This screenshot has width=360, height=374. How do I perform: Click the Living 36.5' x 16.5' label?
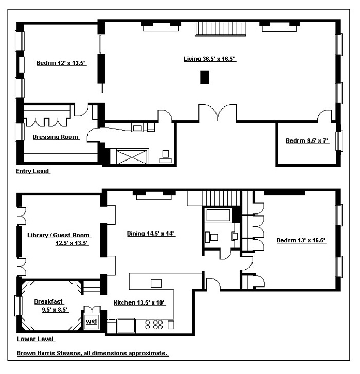(x=209, y=59)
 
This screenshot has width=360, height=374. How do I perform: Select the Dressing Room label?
(x=56, y=137)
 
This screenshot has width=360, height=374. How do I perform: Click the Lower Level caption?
(x=35, y=339)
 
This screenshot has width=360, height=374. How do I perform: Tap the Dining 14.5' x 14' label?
(x=151, y=233)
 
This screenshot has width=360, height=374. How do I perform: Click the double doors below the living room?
(x=218, y=114)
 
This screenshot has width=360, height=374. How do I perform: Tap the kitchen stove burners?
(x=154, y=325)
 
